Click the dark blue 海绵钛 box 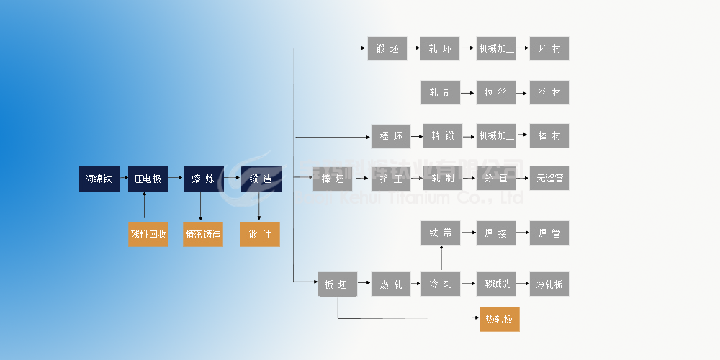pos(99,179)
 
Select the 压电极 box pos(148,179)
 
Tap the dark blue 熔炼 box pos(203,179)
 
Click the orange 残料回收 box pos(148,234)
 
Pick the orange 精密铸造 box pos(203,234)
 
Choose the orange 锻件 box pos(259,234)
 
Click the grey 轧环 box pos(441,49)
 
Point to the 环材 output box pos(549,49)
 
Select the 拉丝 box pos(496,93)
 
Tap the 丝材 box pos(549,93)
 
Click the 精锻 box pos(442,136)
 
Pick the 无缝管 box pos(549,179)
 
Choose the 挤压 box pos(391,179)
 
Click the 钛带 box pos(441,233)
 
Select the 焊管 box pos(549,233)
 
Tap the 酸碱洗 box pos(496,284)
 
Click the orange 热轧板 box pos(499,319)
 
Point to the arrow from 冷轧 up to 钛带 pos(441,258)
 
